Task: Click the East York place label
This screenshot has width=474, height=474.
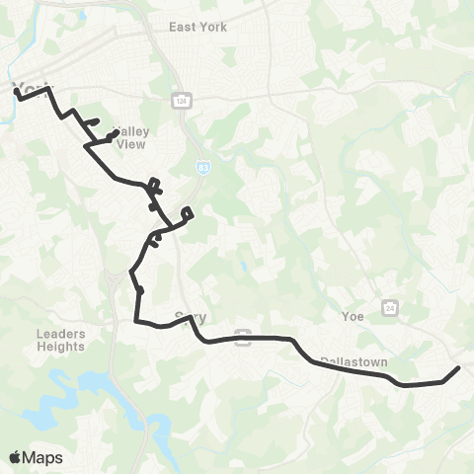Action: click(x=197, y=27)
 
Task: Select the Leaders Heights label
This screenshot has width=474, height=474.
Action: click(x=61, y=340)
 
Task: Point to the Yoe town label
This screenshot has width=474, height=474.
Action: click(x=353, y=317)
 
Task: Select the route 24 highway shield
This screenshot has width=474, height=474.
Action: click(x=390, y=307)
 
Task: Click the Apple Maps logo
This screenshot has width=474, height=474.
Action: click(x=36, y=457)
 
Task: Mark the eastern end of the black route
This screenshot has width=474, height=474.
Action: click(x=459, y=368)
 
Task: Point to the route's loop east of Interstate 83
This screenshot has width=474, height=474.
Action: click(x=188, y=213)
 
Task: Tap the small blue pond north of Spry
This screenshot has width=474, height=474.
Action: click(x=242, y=267)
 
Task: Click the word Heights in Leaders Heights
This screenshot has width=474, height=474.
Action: click(x=61, y=347)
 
